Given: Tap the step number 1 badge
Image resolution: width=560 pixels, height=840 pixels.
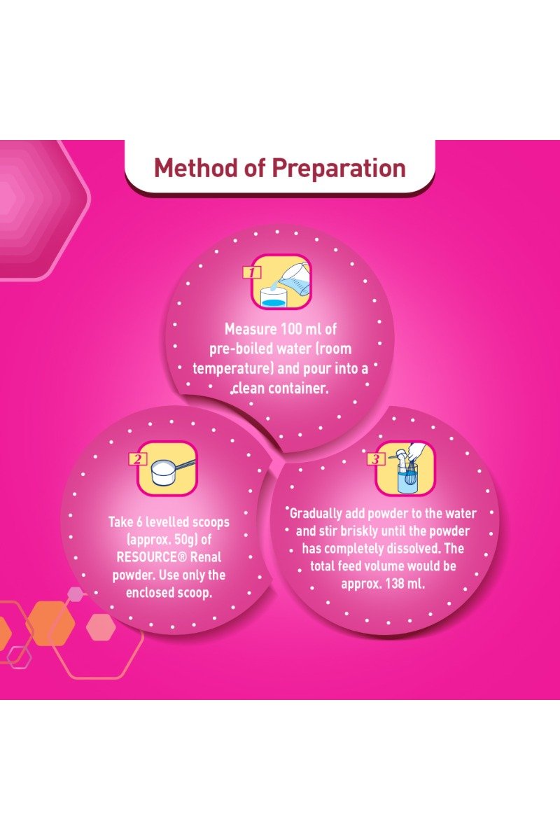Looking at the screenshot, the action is [x=252, y=272].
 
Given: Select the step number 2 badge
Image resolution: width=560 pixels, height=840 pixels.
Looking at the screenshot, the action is [x=138, y=458].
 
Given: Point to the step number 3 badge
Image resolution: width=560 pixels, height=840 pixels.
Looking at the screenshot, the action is [x=375, y=459].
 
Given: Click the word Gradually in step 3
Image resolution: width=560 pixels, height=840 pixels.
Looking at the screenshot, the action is [x=316, y=514].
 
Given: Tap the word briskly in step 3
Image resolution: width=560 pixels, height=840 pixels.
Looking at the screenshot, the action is [x=358, y=531].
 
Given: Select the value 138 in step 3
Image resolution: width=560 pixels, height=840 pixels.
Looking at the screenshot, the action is [x=394, y=584].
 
